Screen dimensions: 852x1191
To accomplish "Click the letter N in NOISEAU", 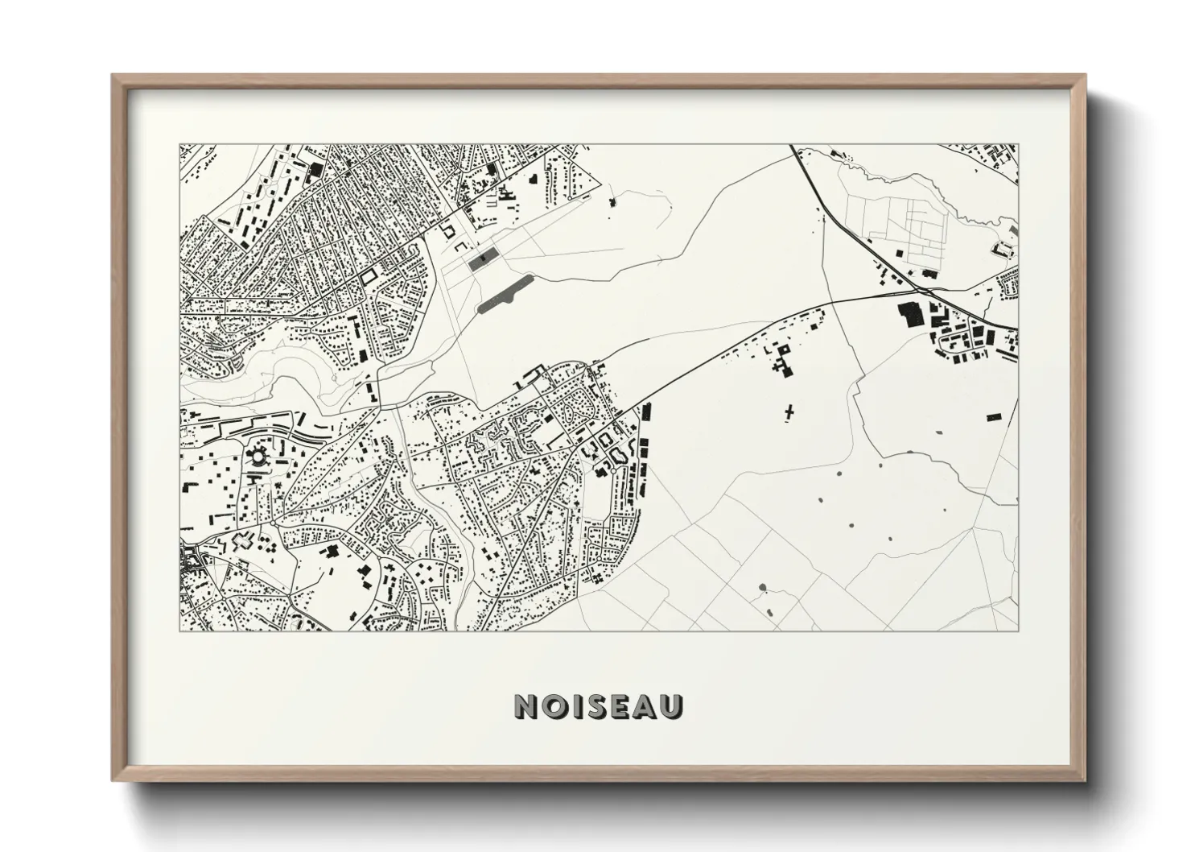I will pos(525,706).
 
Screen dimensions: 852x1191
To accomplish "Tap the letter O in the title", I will pos(552,706).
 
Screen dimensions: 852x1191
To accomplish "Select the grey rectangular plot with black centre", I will pos(480,260).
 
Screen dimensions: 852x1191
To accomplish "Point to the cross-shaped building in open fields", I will pos(789,413).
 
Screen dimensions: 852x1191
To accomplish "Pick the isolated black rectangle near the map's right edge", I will pos(994,416).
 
